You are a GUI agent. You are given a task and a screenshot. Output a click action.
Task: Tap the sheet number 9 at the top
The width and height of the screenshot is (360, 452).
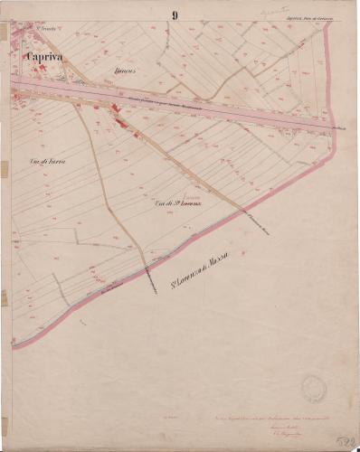point(174,14)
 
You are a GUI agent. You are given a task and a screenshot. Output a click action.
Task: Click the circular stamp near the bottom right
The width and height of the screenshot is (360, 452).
point(313,387)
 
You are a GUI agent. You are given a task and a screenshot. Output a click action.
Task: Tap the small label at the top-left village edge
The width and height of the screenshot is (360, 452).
point(43,30)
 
